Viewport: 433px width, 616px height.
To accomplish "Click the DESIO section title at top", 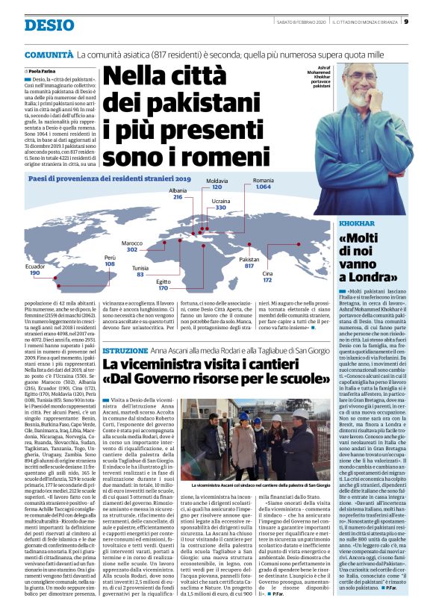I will (x=49, y=25).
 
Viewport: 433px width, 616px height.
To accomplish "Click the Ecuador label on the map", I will (x=35, y=266).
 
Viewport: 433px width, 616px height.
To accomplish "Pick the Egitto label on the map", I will (x=163, y=280).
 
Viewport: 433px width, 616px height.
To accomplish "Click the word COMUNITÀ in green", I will (x=49, y=55).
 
